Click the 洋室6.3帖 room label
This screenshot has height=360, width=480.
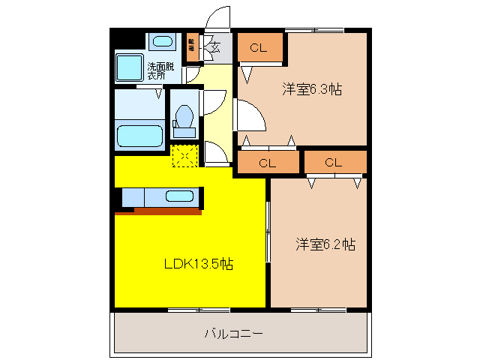312,89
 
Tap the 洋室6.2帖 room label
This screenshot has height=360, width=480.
325,244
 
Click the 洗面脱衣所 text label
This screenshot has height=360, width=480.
157,70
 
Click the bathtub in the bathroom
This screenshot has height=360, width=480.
139,136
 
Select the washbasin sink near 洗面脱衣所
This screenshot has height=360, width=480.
160,41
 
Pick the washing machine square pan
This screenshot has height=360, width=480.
130,67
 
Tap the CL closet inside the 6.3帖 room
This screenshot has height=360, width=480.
259,49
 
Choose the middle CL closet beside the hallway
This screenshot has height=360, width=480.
268,162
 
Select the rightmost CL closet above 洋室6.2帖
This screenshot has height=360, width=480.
334,162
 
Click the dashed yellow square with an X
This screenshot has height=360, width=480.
184,155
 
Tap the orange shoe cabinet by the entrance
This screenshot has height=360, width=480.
192,49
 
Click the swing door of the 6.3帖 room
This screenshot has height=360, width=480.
250,116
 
